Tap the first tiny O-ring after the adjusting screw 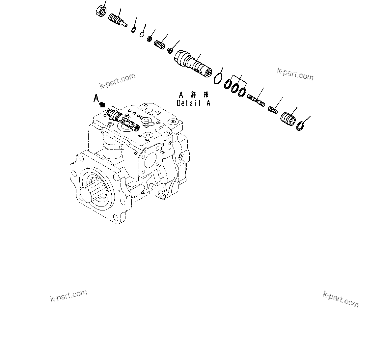pyautogui.click(x=133, y=30)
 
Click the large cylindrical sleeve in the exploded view pyautogui.click(x=192, y=63)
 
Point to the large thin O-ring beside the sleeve pyautogui.click(x=217, y=79)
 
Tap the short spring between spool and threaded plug pyautogui.click(x=272, y=110)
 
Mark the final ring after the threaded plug pyautogui.click(x=300, y=125)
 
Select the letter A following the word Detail pyautogui.click(x=208, y=103)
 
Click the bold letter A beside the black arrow pyautogui.click(x=96, y=98)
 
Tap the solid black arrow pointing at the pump pyautogui.click(x=102, y=104)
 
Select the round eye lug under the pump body pyautogui.click(x=162, y=194)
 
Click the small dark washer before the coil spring pyautogui.click(x=150, y=39)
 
